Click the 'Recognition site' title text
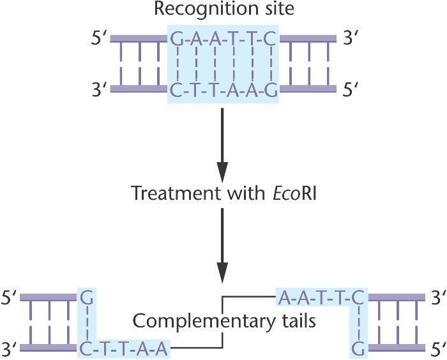click(x=222, y=11)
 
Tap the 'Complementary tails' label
click(x=223, y=320)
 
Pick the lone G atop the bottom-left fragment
click(x=86, y=297)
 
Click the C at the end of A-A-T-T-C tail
click(x=360, y=297)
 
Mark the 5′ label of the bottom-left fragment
click(x=10, y=297)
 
